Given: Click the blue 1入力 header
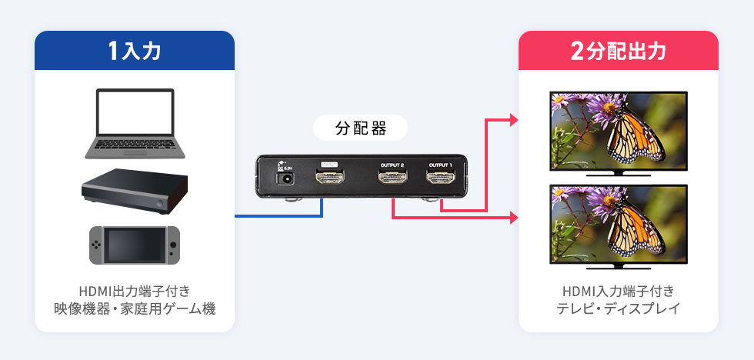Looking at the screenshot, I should pyautogui.click(x=135, y=51).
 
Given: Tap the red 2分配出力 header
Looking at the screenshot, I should pyautogui.click(x=618, y=51).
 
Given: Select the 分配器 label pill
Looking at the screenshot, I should pyautogui.click(x=360, y=128).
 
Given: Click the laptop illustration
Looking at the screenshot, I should pyautogui.click(x=135, y=123).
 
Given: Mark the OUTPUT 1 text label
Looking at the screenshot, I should pyautogui.click(x=441, y=164).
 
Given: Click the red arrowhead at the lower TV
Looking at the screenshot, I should pyautogui.click(x=514, y=218).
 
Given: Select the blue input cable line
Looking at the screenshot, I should pyautogui.click(x=277, y=217).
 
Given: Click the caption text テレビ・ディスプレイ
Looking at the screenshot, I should pyautogui.click(x=618, y=309).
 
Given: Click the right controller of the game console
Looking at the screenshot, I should pyautogui.click(x=173, y=243).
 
